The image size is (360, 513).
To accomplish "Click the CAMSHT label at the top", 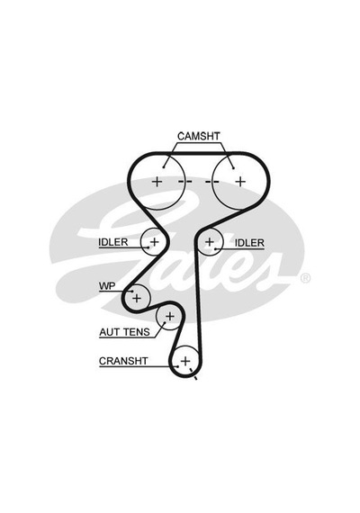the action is (199, 136).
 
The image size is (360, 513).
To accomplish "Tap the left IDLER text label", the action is (113, 242).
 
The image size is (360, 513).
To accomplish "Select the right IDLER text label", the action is (249, 243).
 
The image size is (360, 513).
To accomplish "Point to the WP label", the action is (107, 286).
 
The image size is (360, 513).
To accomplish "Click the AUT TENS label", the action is (125, 332).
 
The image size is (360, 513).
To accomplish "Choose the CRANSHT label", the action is (123, 361).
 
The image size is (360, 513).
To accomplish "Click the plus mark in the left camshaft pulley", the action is (157, 181).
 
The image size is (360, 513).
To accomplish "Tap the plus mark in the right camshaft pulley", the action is (240, 181).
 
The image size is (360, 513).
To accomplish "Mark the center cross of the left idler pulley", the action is (154, 242).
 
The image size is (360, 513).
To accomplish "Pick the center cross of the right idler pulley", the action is (210, 242).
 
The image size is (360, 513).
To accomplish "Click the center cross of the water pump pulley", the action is (137, 298).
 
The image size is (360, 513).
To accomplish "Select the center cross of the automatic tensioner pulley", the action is (170, 317).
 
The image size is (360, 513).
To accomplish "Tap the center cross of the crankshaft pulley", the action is (185, 361).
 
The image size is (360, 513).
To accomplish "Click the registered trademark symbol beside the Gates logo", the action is (305, 278).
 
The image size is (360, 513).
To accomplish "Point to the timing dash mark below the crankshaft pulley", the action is (195, 378).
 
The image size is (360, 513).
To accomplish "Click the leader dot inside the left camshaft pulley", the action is (163, 167).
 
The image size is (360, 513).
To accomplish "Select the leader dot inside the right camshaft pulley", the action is (233, 168).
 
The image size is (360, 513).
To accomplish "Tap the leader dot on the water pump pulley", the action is (132, 291).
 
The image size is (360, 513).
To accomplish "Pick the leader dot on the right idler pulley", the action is (215, 249).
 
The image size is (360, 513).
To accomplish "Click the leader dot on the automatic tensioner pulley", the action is (164, 322).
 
